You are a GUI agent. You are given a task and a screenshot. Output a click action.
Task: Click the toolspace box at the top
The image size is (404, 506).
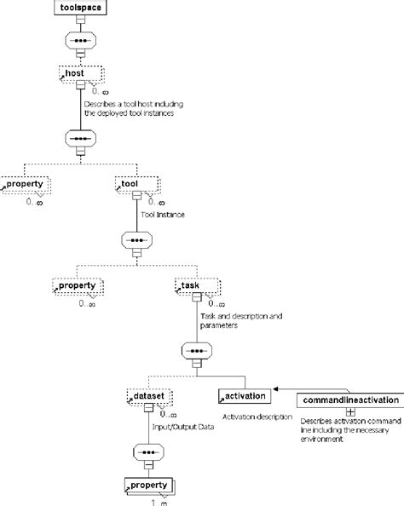click(82, 10)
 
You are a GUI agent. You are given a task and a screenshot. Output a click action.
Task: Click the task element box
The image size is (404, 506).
click(198, 285)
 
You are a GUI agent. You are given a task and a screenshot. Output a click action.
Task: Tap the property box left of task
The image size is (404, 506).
click(80, 285)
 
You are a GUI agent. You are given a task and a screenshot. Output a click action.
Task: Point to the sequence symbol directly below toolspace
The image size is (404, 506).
click(82, 42)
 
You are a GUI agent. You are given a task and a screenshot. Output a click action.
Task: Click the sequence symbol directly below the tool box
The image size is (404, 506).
click(137, 241)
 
